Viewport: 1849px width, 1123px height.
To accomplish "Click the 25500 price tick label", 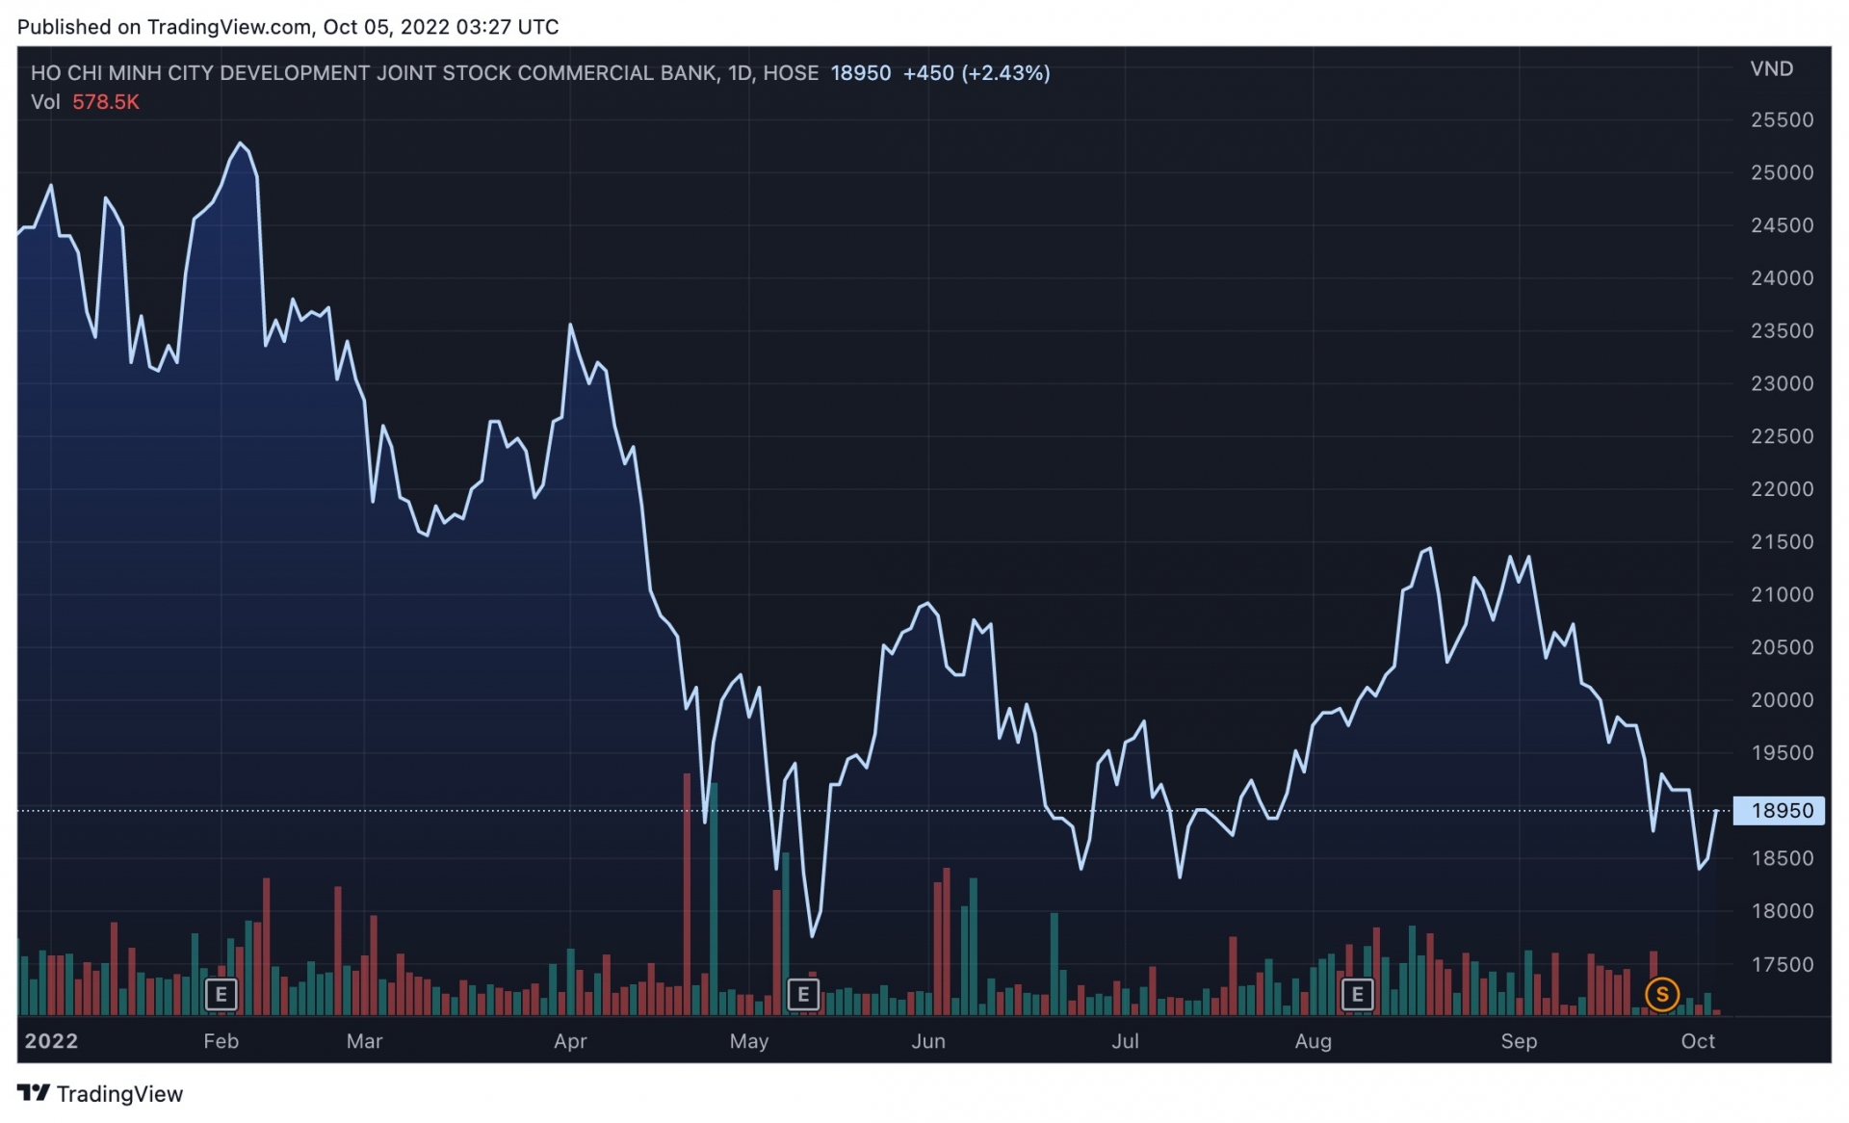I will pos(1781,120).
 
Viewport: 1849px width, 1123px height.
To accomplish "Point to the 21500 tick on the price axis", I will pos(1781,542).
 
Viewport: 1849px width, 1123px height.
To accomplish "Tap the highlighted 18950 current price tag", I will pos(1781,811).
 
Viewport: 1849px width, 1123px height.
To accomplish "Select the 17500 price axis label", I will pos(1781,964).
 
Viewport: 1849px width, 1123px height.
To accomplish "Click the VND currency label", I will pos(1771,69).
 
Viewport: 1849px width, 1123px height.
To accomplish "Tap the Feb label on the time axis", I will pos(221,1041).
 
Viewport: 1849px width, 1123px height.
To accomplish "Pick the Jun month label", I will pos(928,1041).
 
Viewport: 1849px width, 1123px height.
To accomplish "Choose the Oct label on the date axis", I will pos(1697,1041).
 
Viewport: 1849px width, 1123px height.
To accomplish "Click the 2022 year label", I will pos(51,1041).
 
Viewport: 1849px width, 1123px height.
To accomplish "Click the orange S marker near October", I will pos(1662,994).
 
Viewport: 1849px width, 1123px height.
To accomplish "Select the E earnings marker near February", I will pos(221,994).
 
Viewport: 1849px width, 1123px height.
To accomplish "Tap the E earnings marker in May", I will pos(803,994).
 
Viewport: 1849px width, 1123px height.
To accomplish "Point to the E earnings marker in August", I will pos(1357,994).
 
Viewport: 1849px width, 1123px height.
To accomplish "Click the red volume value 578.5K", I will pos(106,102).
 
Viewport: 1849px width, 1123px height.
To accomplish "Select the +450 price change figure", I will pos(927,73).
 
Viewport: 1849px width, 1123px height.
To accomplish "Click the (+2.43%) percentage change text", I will pos(1005,73).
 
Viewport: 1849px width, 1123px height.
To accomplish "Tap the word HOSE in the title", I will pos(791,73).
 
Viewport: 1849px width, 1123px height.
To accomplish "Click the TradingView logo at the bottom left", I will pos(100,1094).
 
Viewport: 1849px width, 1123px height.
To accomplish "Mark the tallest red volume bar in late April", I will pos(687,896).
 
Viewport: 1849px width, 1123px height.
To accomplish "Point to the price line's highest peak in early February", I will pos(241,144).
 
